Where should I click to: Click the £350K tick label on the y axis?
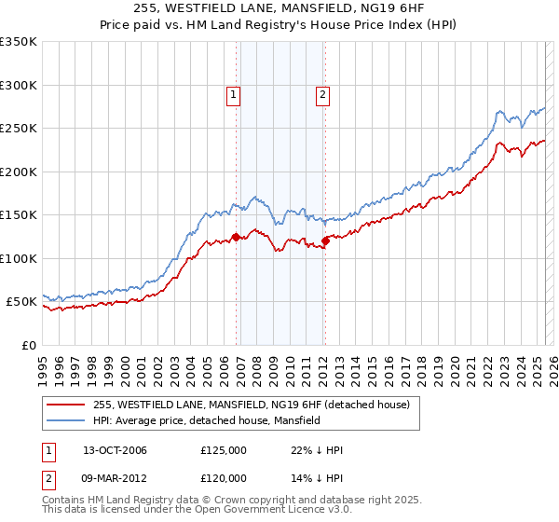point(19,42)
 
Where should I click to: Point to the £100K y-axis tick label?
point(19,258)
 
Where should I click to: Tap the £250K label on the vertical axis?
point(19,129)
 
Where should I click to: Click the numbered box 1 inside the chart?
point(232,93)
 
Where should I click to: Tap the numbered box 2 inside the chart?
point(322,93)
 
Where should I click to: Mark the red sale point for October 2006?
point(237,237)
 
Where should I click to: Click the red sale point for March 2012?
point(325,241)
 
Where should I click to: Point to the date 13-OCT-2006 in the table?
point(115,450)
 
